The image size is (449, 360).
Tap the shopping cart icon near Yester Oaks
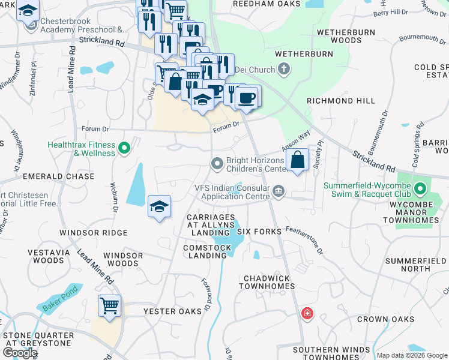[109, 307]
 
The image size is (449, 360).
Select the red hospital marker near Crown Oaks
[307, 314]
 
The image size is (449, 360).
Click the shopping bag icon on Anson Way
[298, 160]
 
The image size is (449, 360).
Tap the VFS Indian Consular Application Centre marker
[278, 191]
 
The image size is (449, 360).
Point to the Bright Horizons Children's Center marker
[217, 163]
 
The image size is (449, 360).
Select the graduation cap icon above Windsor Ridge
[159, 206]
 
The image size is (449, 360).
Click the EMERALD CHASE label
[58, 176]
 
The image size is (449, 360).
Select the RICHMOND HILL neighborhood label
[340, 101]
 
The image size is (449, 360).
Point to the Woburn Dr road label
[113, 196]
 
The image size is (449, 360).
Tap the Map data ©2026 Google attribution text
[411, 355]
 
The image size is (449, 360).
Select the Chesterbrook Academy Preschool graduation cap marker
[28, 11]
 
